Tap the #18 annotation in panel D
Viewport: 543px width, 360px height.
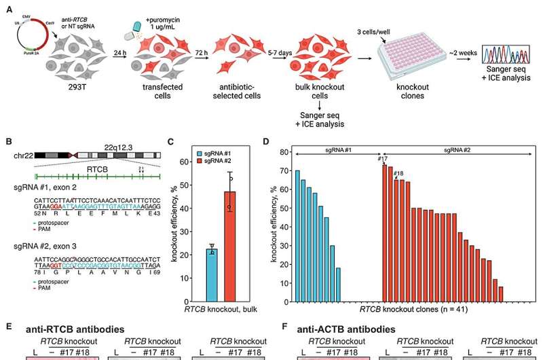pos(398,174)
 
